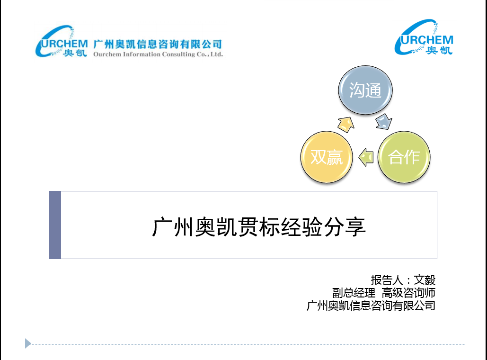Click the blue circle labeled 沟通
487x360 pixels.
[365, 90]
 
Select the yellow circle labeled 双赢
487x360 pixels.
[327, 157]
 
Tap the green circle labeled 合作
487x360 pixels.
[404, 157]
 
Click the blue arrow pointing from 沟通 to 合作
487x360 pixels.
[384, 122]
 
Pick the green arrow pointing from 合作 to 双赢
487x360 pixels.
[366, 157]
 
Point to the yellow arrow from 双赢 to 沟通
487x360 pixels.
[346, 125]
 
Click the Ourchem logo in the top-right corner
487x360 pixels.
[424, 37]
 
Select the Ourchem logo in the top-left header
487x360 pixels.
[62, 41]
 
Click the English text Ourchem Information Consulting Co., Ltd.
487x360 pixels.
[158, 54]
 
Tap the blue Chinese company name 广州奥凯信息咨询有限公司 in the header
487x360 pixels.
[158, 44]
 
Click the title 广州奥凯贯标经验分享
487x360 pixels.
[259, 227]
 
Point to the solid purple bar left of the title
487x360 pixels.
[55, 225]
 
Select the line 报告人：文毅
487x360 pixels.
[403, 280]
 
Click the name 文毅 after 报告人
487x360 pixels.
[425, 280]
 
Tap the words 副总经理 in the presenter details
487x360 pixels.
[354, 293]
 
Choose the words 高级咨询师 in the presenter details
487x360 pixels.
[408, 293]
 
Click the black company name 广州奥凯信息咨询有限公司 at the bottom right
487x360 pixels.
[371, 306]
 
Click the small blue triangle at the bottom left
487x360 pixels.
[27, 343]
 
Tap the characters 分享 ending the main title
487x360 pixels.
[345, 227]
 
